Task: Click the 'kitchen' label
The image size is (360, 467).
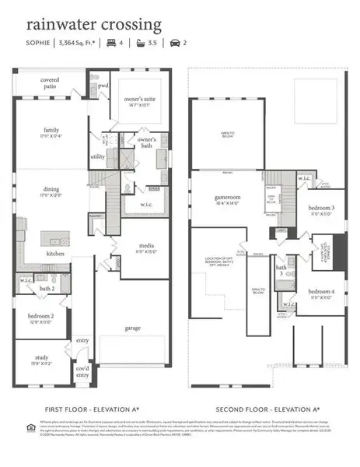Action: [54, 254]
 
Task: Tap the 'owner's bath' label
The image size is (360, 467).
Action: [146, 142]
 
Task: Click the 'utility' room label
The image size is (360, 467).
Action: [97, 156]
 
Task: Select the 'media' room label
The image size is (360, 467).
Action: [146, 248]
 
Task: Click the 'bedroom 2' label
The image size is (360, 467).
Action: [41, 317]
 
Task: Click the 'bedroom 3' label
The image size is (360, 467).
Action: [320, 209]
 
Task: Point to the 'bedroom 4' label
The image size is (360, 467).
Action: [320, 293]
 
